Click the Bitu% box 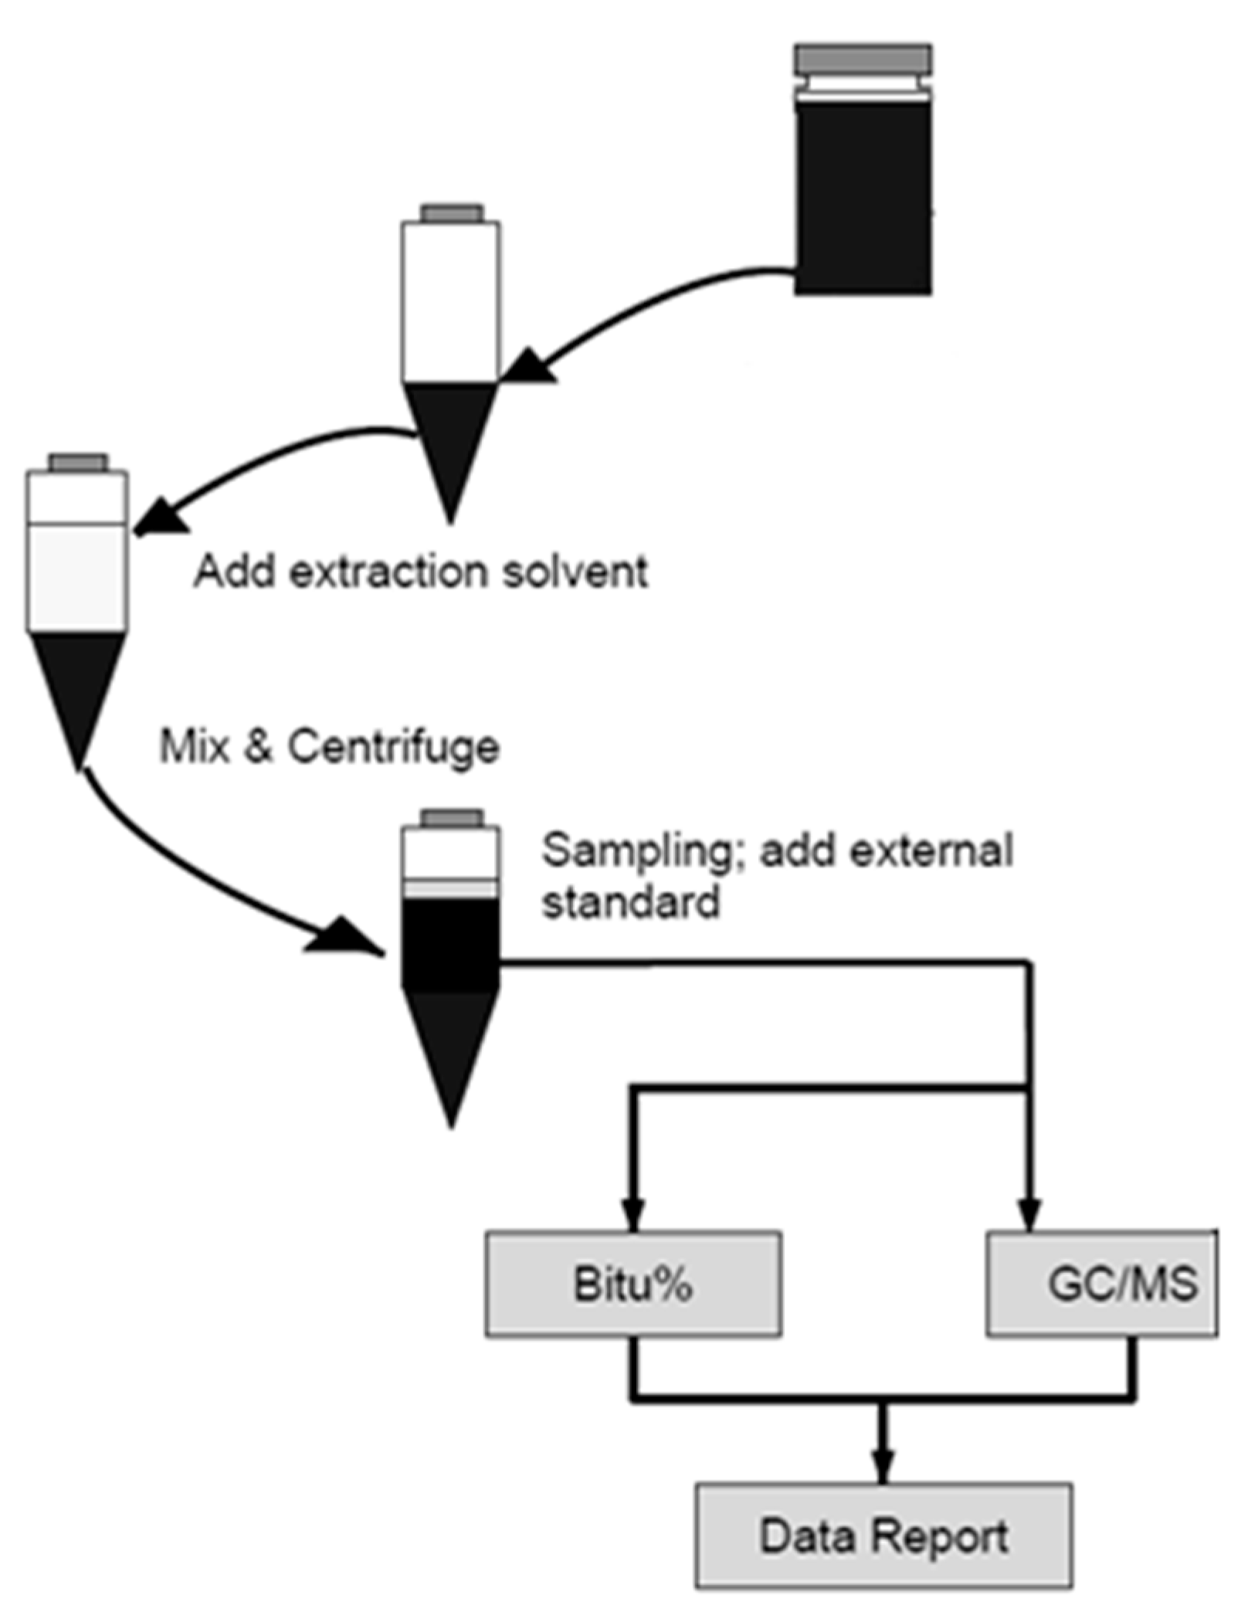coord(632,1284)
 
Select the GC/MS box coord(1102,1284)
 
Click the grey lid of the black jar coord(863,59)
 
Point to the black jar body coord(863,197)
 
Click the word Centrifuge coord(393,747)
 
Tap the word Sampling coord(643,850)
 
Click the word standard coord(631,901)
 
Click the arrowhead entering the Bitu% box coord(632,1215)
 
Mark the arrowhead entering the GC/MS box coord(1030,1215)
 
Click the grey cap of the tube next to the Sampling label coord(452,818)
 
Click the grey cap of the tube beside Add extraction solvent coord(78,462)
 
